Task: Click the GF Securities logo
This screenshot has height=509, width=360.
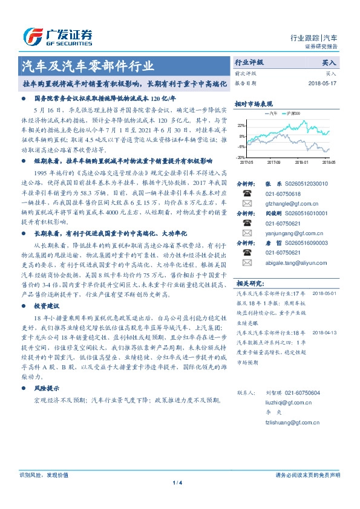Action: pos(57,37)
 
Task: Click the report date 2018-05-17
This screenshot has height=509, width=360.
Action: pos(321,82)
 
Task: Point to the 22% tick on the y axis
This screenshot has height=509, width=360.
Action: pos(241,125)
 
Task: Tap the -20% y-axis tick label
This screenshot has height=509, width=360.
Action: pos(241,157)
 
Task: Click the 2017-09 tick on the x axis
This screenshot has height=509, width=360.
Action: pos(273,162)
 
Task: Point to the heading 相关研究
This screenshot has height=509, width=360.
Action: pos(249,283)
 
